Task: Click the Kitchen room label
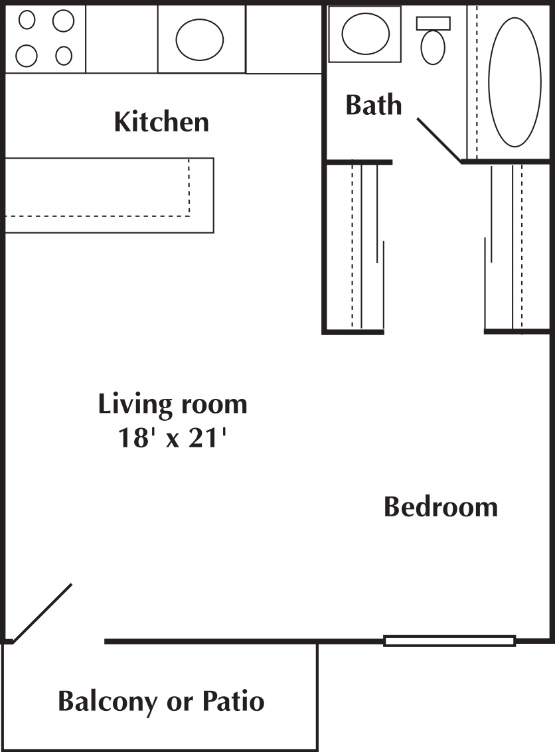[x=161, y=122]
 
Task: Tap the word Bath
[x=374, y=105]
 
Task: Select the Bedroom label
[x=441, y=507]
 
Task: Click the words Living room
[x=173, y=404]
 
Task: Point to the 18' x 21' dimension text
[x=172, y=437]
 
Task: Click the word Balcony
[x=108, y=702]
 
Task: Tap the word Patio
[x=233, y=701]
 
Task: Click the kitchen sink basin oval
[x=200, y=39]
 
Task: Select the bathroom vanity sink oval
[x=365, y=34]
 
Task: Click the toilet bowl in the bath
[x=433, y=48]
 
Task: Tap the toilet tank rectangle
[x=433, y=23]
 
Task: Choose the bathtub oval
[x=515, y=82]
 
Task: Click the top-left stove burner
[x=27, y=21]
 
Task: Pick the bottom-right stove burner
[x=64, y=56]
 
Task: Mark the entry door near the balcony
[x=42, y=613]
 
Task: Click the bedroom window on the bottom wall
[x=449, y=640]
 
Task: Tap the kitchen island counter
[x=109, y=195]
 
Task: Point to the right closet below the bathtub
[x=516, y=246]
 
